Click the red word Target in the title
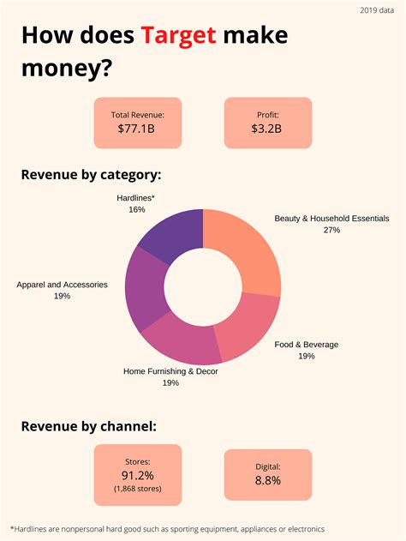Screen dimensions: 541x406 [180, 36]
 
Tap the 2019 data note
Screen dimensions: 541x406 [373, 9]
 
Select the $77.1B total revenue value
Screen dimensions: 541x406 [138, 129]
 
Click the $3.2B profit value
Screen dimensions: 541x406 [267, 129]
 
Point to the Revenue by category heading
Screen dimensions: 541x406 [91, 176]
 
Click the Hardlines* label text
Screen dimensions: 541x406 [136, 197]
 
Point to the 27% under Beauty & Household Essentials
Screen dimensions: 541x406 [331, 230]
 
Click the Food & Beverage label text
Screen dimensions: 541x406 [306, 345]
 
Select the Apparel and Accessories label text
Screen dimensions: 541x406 [62, 284]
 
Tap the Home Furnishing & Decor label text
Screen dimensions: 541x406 [170, 371]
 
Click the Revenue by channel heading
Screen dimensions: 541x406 [88, 425]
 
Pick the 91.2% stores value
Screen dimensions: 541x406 [138, 475]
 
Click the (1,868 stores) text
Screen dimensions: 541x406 [138, 489]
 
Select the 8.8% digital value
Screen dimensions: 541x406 [267, 481]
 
